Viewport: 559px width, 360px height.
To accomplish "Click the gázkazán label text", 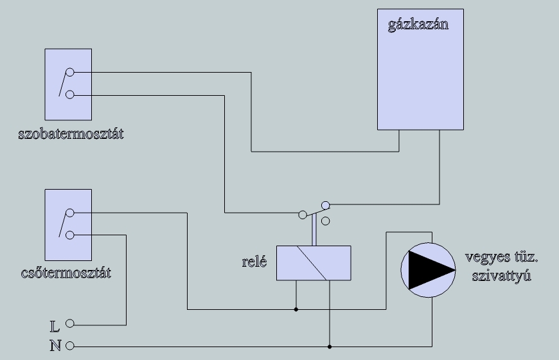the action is (x=418, y=25).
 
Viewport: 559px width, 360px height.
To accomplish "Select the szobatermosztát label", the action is (x=71, y=134).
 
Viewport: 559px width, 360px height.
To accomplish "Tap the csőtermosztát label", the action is (x=66, y=273).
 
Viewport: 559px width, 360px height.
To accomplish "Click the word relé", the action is (x=254, y=262).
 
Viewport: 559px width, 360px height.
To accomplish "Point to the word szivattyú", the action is (x=502, y=276).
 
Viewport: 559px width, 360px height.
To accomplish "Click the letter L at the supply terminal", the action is (x=54, y=326).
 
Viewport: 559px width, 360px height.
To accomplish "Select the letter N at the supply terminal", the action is (x=55, y=346).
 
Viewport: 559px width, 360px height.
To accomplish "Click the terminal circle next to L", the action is (x=70, y=323).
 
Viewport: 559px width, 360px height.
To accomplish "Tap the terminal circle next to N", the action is (x=70, y=346).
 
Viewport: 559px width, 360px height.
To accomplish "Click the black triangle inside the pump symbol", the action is (x=427, y=270).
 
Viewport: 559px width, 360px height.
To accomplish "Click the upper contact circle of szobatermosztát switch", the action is (x=70, y=73).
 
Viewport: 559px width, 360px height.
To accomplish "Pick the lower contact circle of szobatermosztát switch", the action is (x=70, y=94).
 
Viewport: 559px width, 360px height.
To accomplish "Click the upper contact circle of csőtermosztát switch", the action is (x=70, y=213).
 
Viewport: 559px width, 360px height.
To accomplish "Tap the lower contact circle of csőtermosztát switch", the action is (x=70, y=235).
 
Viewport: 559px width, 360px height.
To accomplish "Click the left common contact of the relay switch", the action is (x=303, y=215).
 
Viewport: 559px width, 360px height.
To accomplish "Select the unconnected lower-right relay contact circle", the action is (x=326, y=221).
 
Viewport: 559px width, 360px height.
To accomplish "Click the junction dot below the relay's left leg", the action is (x=296, y=309).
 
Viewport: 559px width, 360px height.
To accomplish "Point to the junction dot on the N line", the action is (x=330, y=346).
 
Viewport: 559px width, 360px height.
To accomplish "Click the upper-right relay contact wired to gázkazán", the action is (x=326, y=205).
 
